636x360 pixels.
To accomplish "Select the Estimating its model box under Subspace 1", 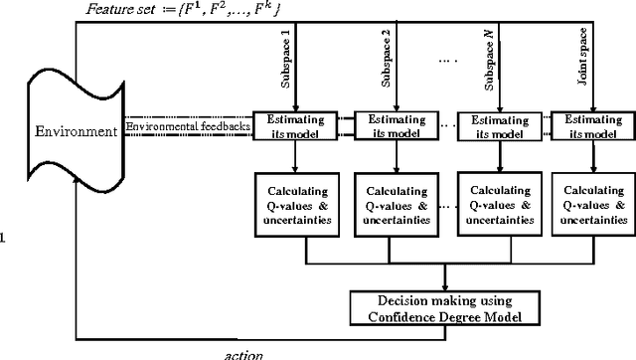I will (288, 126).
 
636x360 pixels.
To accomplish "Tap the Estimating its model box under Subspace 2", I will (385, 126).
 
